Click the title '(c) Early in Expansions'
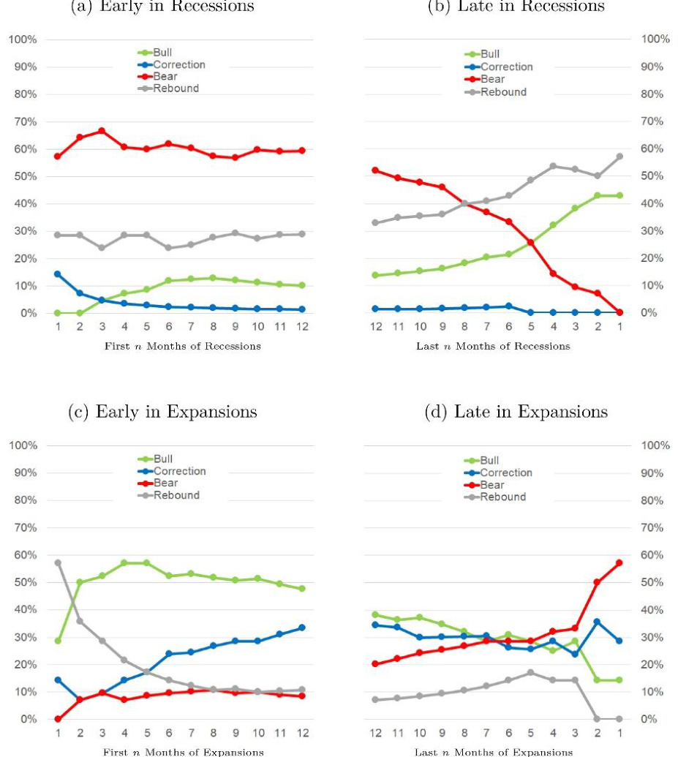pyautogui.click(x=162, y=412)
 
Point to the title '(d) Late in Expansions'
pyautogui.click(x=516, y=412)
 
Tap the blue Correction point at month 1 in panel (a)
pyautogui.click(x=57, y=274)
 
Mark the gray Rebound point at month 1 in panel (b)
pyautogui.click(x=619, y=157)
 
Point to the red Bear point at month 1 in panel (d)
pyautogui.click(x=619, y=562)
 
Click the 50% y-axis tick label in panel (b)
pyautogui.click(x=652, y=176)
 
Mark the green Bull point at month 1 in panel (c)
pyautogui.click(x=57, y=641)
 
